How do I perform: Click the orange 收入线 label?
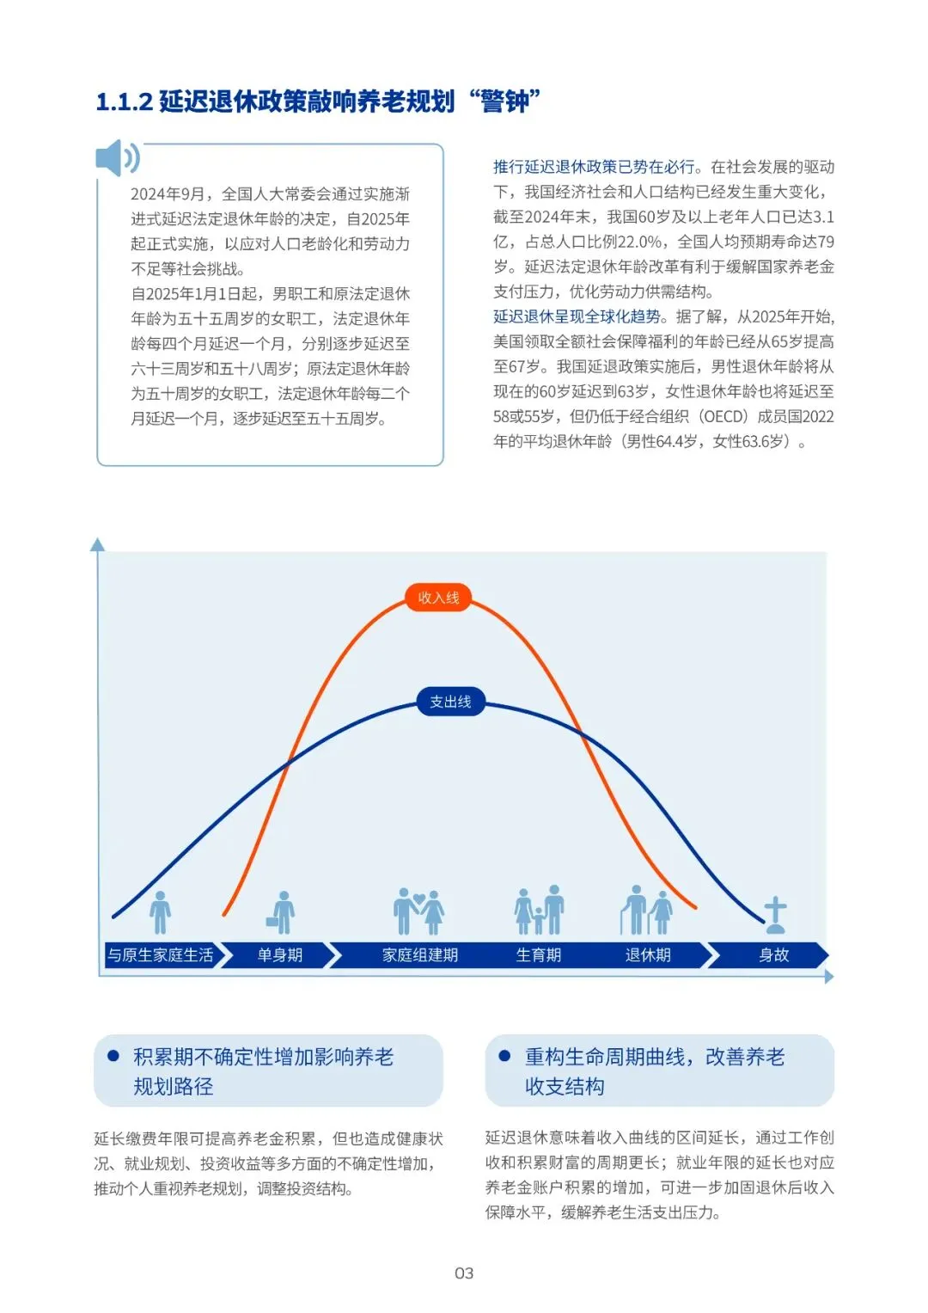(x=438, y=598)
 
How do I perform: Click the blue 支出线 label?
(x=450, y=702)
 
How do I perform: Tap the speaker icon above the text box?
(x=117, y=159)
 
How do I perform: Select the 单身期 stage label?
(x=279, y=955)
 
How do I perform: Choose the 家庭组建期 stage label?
(x=419, y=955)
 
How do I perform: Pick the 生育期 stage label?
(x=538, y=955)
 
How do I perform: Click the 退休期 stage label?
(x=648, y=955)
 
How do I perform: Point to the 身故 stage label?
(x=773, y=955)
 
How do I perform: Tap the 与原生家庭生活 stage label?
(x=161, y=955)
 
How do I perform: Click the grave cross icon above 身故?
(x=775, y=915)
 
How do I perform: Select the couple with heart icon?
(x=418, y=911)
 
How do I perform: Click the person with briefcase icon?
(x=281, y=912)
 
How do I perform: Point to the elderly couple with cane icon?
(x=646, y=910)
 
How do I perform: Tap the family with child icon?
(x=539, y=911)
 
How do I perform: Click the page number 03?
(x=464, y=1273)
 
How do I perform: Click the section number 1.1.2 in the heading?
(x=124, y=102)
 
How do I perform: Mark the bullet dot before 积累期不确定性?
(x=113, y=1056)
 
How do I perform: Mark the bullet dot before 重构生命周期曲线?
(x=504, y=1056)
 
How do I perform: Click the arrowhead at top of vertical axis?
(x=98, y=543)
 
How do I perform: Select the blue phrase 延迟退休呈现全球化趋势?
(x=577, y=316)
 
